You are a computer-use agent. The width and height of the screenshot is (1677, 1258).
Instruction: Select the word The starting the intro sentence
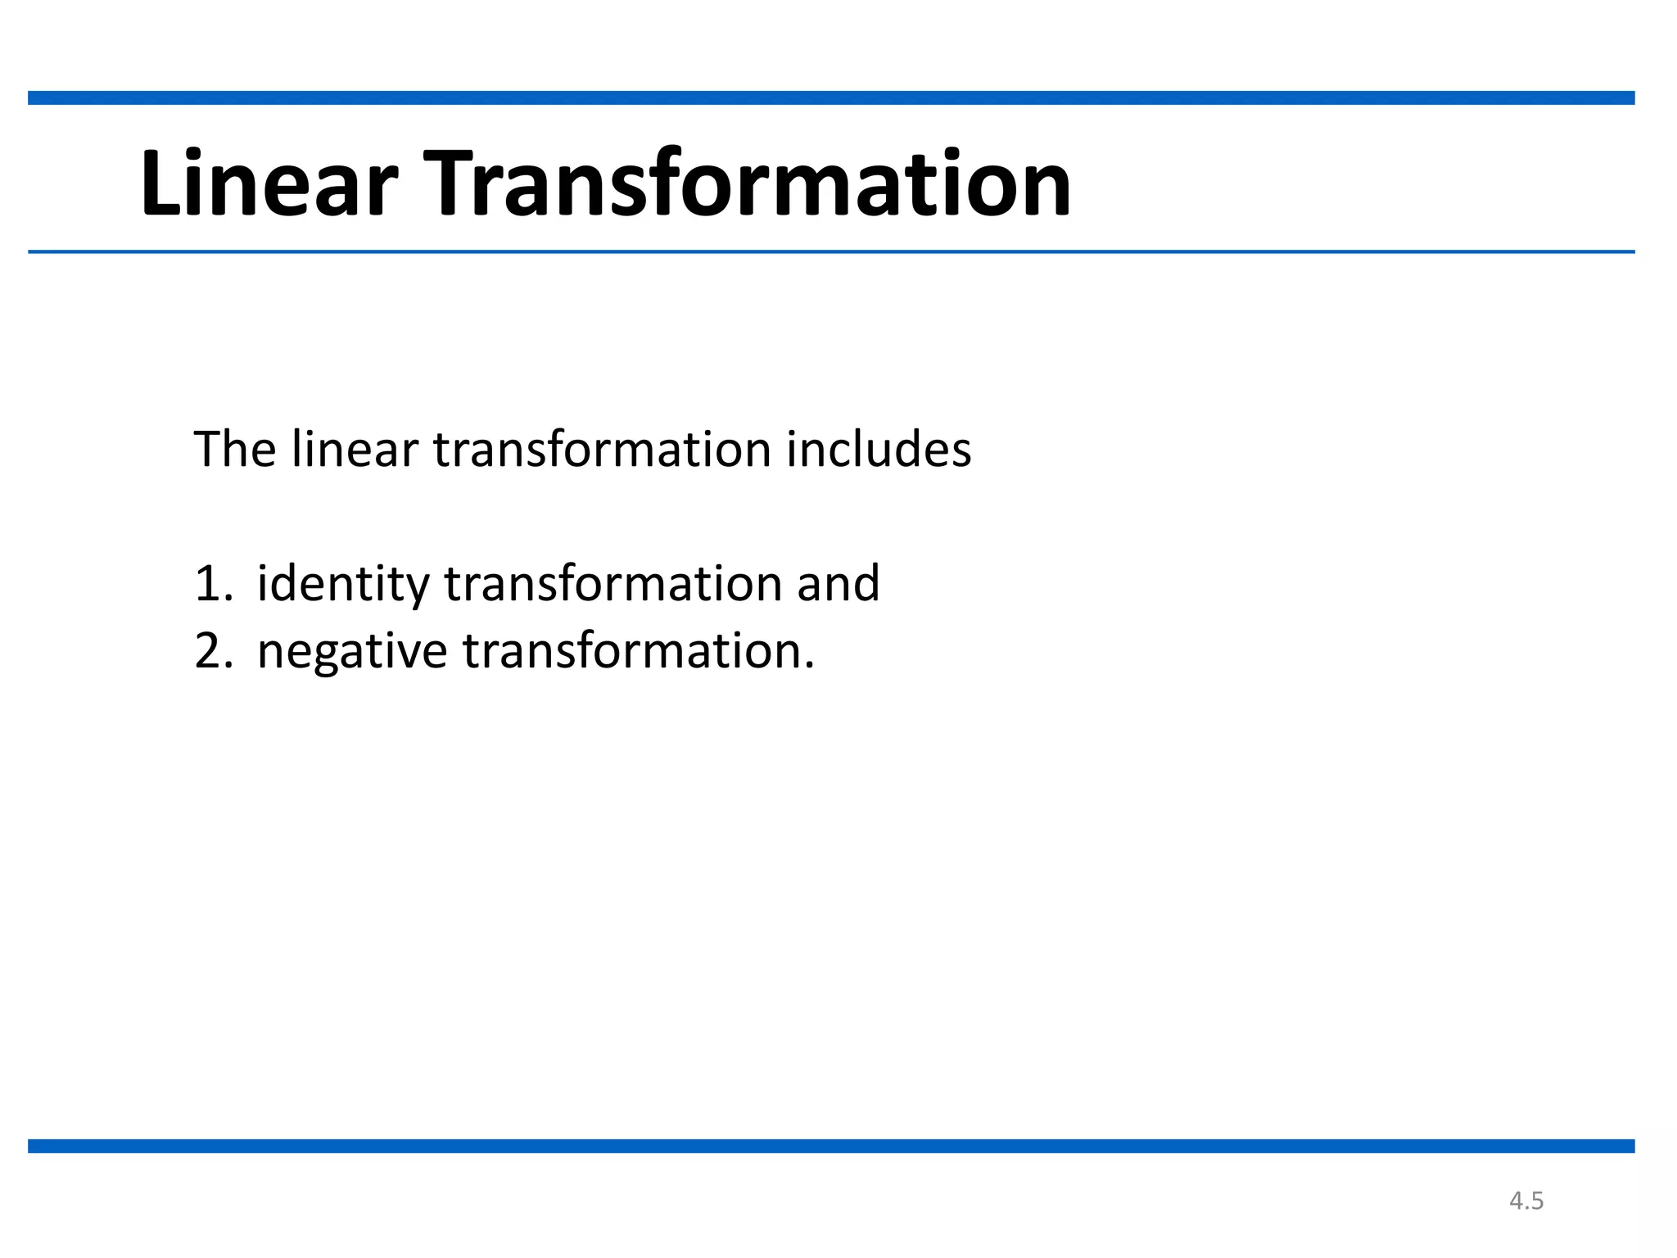pos(234,450)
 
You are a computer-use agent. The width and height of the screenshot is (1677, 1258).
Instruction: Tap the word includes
pos(879,450)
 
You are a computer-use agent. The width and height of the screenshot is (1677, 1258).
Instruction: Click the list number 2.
pos(211,651)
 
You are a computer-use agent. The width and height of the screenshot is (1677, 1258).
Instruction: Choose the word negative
pos(352,653)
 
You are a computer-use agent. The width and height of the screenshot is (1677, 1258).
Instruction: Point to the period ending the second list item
pos(810,667)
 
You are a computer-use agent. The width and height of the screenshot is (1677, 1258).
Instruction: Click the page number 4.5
pos(1526,1201)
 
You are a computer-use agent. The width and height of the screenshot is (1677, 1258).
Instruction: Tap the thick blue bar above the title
pos(831,98)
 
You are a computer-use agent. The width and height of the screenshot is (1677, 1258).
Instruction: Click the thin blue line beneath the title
pos(831,251)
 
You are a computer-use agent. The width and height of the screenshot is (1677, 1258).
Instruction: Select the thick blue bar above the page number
pos(831,1146)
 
